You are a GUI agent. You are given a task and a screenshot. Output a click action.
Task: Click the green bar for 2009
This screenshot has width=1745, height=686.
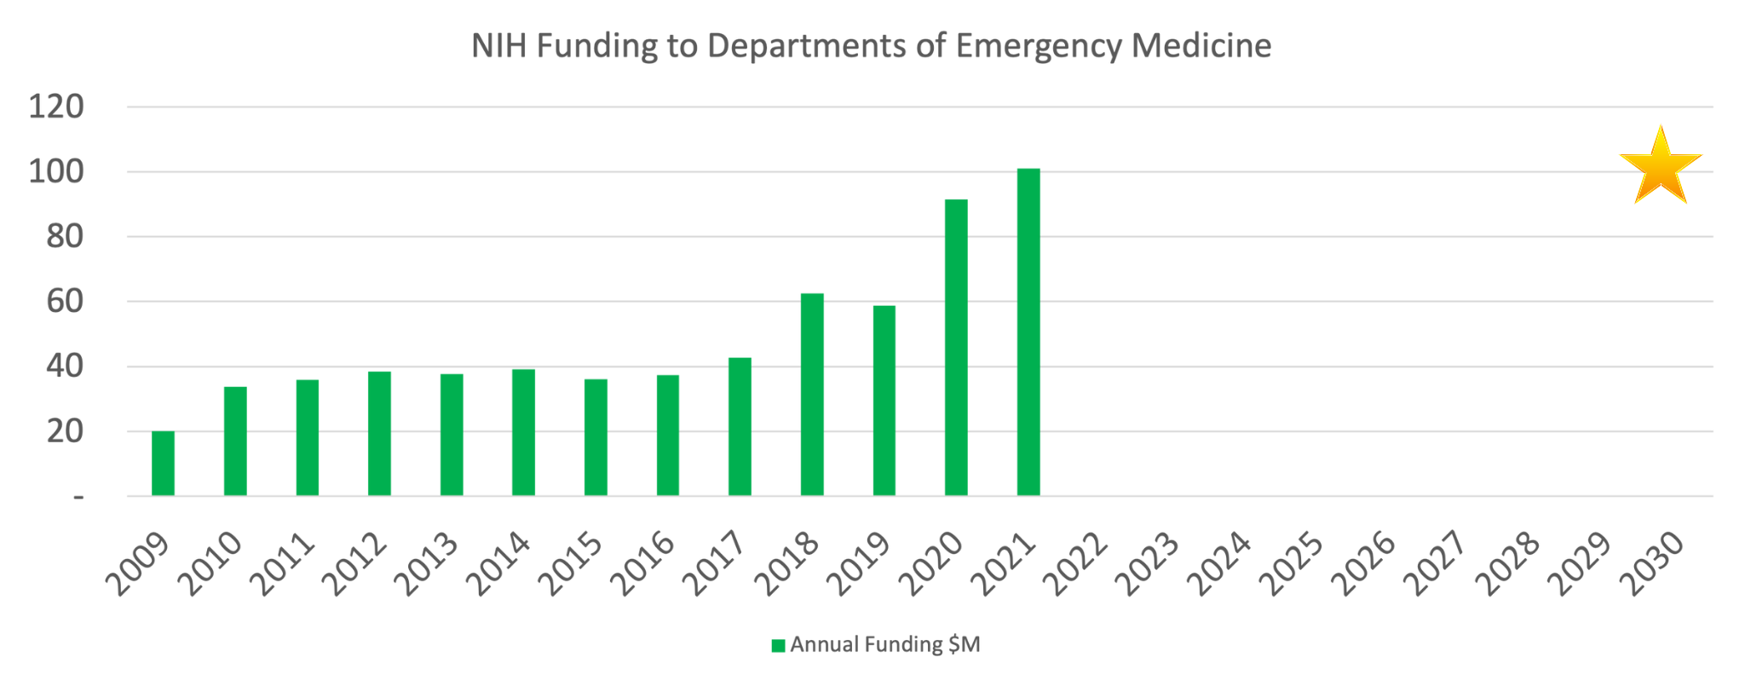[163, 464]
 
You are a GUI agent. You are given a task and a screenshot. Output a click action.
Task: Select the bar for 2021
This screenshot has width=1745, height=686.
[1028, 332]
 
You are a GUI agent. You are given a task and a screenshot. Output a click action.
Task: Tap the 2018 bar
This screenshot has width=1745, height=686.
[812, 395]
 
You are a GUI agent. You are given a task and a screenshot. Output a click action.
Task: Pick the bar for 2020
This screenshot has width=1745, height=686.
[956, 348]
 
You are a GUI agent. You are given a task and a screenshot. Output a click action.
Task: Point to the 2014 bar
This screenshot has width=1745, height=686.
[523, 432]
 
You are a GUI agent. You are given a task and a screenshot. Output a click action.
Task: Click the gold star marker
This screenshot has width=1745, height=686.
[1660, 167]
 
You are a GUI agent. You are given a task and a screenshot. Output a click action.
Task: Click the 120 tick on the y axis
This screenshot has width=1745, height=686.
[56, 107]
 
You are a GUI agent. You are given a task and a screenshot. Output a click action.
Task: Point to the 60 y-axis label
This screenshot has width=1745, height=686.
[65, 302]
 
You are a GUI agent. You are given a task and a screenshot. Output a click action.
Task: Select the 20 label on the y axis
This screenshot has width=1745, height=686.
[65, 432]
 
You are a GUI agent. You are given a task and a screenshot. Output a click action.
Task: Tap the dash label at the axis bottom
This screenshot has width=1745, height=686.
[78, 496]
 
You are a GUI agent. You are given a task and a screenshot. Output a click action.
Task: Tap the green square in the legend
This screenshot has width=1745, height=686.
[778, 646]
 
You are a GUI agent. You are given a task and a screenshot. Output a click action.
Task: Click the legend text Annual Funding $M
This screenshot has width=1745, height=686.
[884, 645]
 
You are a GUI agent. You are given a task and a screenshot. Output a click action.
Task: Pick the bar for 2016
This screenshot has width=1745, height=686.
[668, 435]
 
